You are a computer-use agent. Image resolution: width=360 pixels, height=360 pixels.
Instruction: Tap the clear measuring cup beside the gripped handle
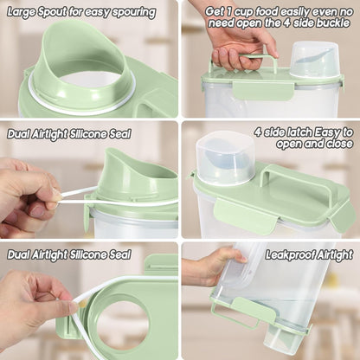click(x=314, y=60)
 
